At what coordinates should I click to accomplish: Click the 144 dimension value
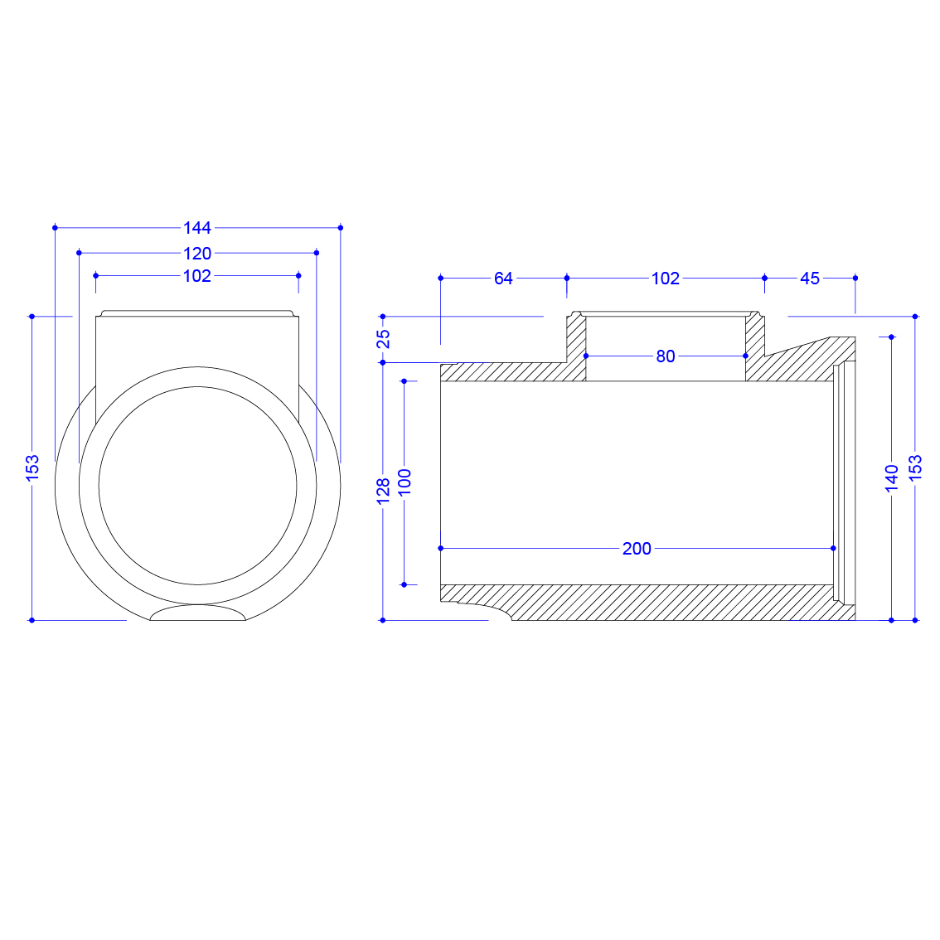(197, 228)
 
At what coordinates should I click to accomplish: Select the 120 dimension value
(197, 254)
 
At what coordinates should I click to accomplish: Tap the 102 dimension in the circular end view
(197, 276)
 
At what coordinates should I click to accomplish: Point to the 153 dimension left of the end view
(32, 468)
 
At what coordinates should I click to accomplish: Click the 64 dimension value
(504, 279)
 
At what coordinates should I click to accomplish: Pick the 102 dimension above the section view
(666, 279)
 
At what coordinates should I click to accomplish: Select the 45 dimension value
(810, 279)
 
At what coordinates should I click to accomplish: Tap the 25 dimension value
(383, 339)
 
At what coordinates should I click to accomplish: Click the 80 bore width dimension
(666, 356)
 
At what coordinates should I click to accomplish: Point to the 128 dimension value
(383, 492)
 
